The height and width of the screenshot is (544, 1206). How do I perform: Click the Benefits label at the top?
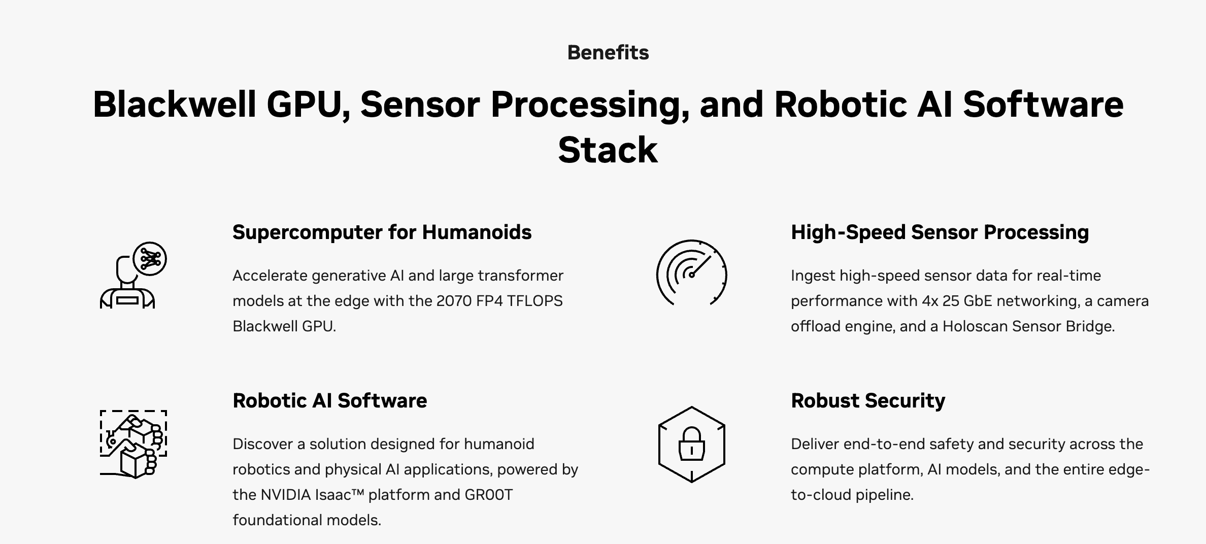click(608, 53)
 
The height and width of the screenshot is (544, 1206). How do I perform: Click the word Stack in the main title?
click(608, 150)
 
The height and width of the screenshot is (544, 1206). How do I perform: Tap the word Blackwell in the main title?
click(174, 105)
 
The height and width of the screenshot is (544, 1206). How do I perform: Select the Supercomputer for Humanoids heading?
click(382, 232)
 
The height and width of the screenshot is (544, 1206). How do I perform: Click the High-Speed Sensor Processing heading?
click(940, 232)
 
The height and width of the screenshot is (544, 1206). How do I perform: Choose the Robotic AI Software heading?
click(329, 401)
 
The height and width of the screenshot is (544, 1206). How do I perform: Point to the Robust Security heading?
click(867, 401)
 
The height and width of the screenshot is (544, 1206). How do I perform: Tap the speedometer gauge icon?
click(691, 273)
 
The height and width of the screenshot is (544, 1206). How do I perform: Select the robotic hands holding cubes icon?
click(133, 444)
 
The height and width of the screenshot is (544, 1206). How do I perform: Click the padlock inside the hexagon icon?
click(691, 444)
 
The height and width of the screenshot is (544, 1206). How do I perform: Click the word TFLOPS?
click(534, 301)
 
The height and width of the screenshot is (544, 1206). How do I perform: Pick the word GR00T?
click(488, 495)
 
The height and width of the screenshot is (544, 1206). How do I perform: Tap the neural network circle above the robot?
click(150, 259)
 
